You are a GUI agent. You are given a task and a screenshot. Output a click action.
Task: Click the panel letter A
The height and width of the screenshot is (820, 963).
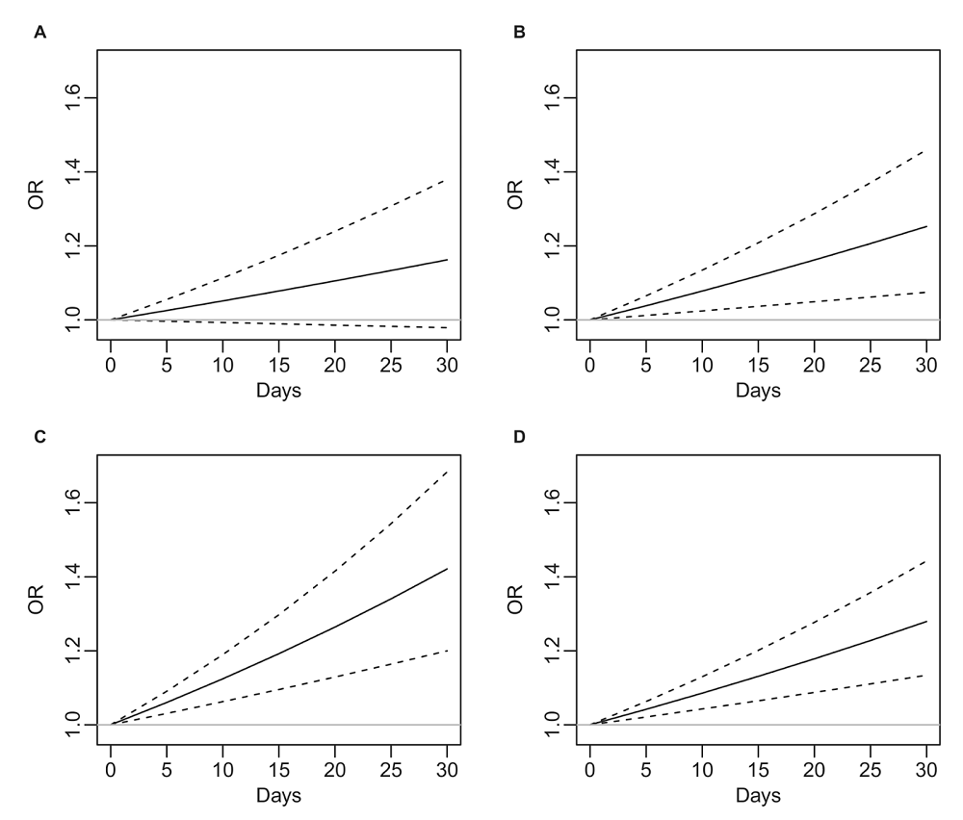(x=39, y=33)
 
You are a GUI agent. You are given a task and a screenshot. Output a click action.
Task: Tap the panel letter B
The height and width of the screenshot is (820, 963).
(x=519, y=33)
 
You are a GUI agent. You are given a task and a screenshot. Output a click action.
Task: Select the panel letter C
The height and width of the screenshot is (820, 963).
(x=39, y=437)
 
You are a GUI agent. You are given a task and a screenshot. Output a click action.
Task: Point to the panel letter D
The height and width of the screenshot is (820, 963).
(x=520, y=437)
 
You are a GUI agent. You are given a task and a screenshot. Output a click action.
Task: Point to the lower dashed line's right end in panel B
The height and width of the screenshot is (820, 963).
(x=926, y=292)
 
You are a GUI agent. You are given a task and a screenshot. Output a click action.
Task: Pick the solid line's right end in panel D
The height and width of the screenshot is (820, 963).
(x=926, y=622)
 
